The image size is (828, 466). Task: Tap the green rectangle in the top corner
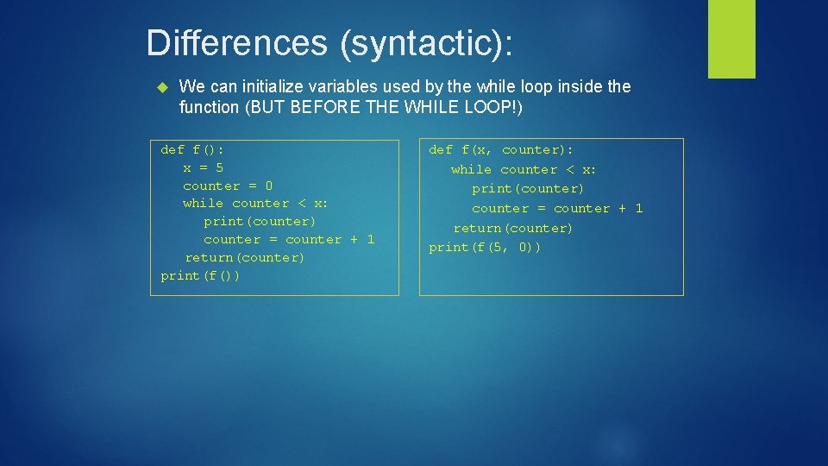[731, 39]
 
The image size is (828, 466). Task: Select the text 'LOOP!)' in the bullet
[497, 107]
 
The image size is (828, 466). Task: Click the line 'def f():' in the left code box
[192, 149]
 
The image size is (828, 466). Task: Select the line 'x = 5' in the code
[203, 167]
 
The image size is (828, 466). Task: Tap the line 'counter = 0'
[228, 186]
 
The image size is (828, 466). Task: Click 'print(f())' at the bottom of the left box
[200, 275]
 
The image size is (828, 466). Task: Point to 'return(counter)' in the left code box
[245, 257]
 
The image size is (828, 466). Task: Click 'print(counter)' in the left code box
[260, 221]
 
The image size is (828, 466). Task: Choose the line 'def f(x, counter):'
[501, 149]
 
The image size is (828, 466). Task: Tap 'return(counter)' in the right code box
[513, 228]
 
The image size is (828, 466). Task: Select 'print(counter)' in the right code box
[528, 188]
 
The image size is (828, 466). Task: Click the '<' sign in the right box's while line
[569, 169]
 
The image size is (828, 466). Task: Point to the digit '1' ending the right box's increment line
[638, 208]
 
